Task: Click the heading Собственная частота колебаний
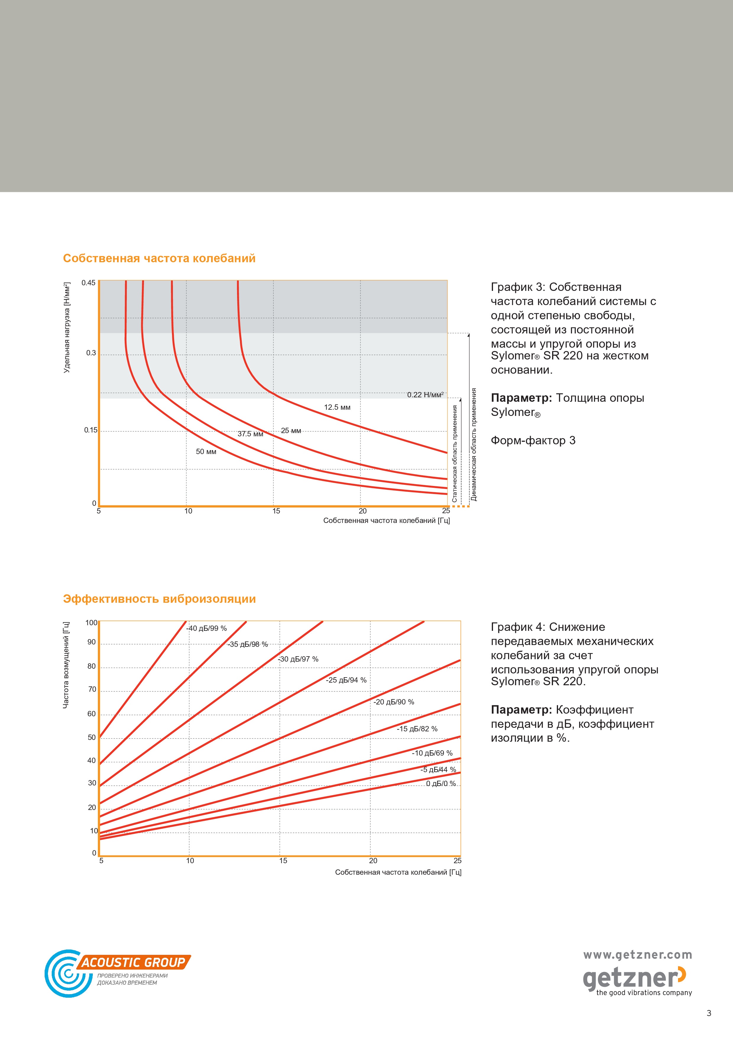[159, 258]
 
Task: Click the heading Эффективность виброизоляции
[159, 599]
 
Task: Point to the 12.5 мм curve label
[337, 407]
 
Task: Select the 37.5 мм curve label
[250, 434]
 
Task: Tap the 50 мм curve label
[206, 452]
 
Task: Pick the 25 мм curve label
[291, 431]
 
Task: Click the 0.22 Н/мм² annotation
[425, 395]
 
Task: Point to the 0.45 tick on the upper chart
[88, 283]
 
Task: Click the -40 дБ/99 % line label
[206, 628]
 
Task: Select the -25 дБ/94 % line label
[346, 680]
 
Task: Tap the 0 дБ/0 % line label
[441, 784]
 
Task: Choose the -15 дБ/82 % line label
[417, 729]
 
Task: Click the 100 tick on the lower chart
[91, 623]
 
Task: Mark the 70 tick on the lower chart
[92, 689]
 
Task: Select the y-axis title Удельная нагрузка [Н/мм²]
[67, 328]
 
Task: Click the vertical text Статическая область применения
[455, 453]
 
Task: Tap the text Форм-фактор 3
[533, 441]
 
